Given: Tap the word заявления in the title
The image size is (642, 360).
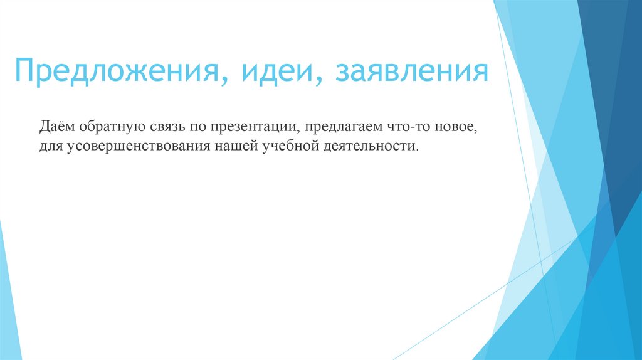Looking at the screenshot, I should coord(413,71).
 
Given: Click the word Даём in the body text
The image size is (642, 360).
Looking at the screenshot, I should coord(57,128).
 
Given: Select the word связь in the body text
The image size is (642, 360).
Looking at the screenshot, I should coord(169,129).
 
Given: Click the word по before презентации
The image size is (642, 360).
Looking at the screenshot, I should coord(201,129).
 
